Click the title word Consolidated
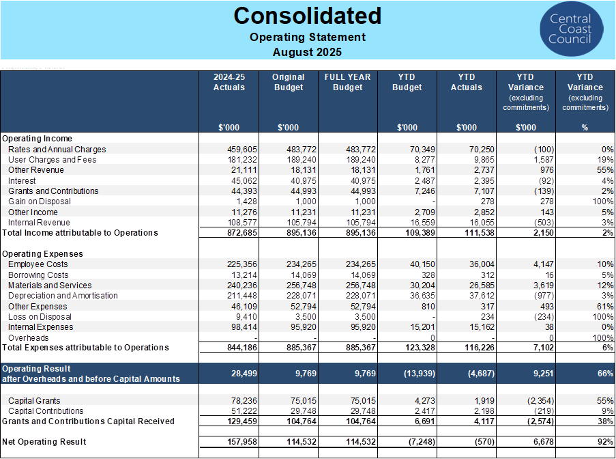tap(308, 15)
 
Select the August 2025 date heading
tap(308, 52)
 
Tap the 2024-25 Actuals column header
tap(229, 82)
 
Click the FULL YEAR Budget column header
tap(347, 82)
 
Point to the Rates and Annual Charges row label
tap(57, 149)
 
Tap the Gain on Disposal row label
tap(39, 201)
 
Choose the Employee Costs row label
tap(38, 264)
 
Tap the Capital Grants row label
tap(34, 401)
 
